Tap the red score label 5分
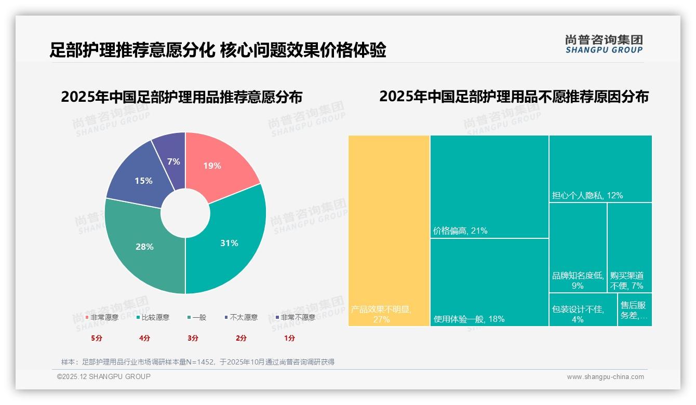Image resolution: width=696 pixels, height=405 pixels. [97, 338]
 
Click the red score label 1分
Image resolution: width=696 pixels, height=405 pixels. [289, 338]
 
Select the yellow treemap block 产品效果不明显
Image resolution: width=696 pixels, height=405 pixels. [389, 231]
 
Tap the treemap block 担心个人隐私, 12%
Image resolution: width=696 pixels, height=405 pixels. [600, 168]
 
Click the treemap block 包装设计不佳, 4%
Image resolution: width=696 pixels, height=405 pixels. [583, 309]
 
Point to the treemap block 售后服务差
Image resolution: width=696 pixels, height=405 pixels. [635, 309]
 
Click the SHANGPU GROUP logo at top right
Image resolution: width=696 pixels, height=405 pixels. [604, 44]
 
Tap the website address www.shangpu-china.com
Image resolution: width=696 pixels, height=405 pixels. [605, 377]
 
